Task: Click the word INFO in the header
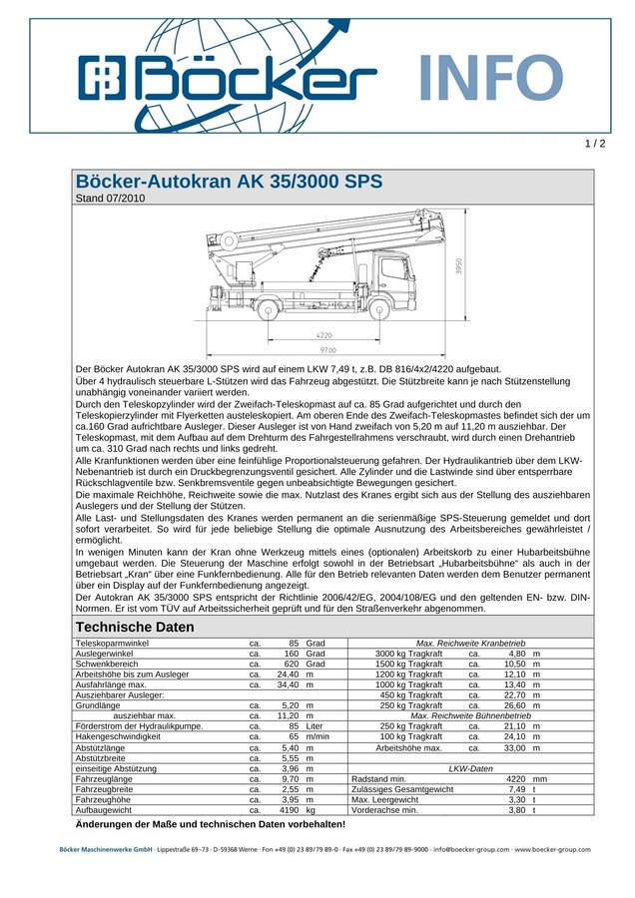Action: (x=489, y=78)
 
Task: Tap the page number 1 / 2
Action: (x=595, y=144)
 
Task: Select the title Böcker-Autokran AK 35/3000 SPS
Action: (x=229, y=182)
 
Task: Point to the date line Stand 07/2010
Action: (x=111, y=199)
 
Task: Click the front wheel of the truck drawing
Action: (x=380, y=310)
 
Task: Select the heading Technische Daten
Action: (x=135, y=627)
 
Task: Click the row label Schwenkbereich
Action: (x=107, y=664)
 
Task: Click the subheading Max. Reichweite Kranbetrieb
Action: (x=470, y=644)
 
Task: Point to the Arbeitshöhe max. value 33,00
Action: (x=514, y=747)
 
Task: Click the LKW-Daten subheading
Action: (x=470, y=768)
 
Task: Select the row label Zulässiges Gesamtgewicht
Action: (x=402, y=789)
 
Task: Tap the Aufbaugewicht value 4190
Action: (x=288, y=810)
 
